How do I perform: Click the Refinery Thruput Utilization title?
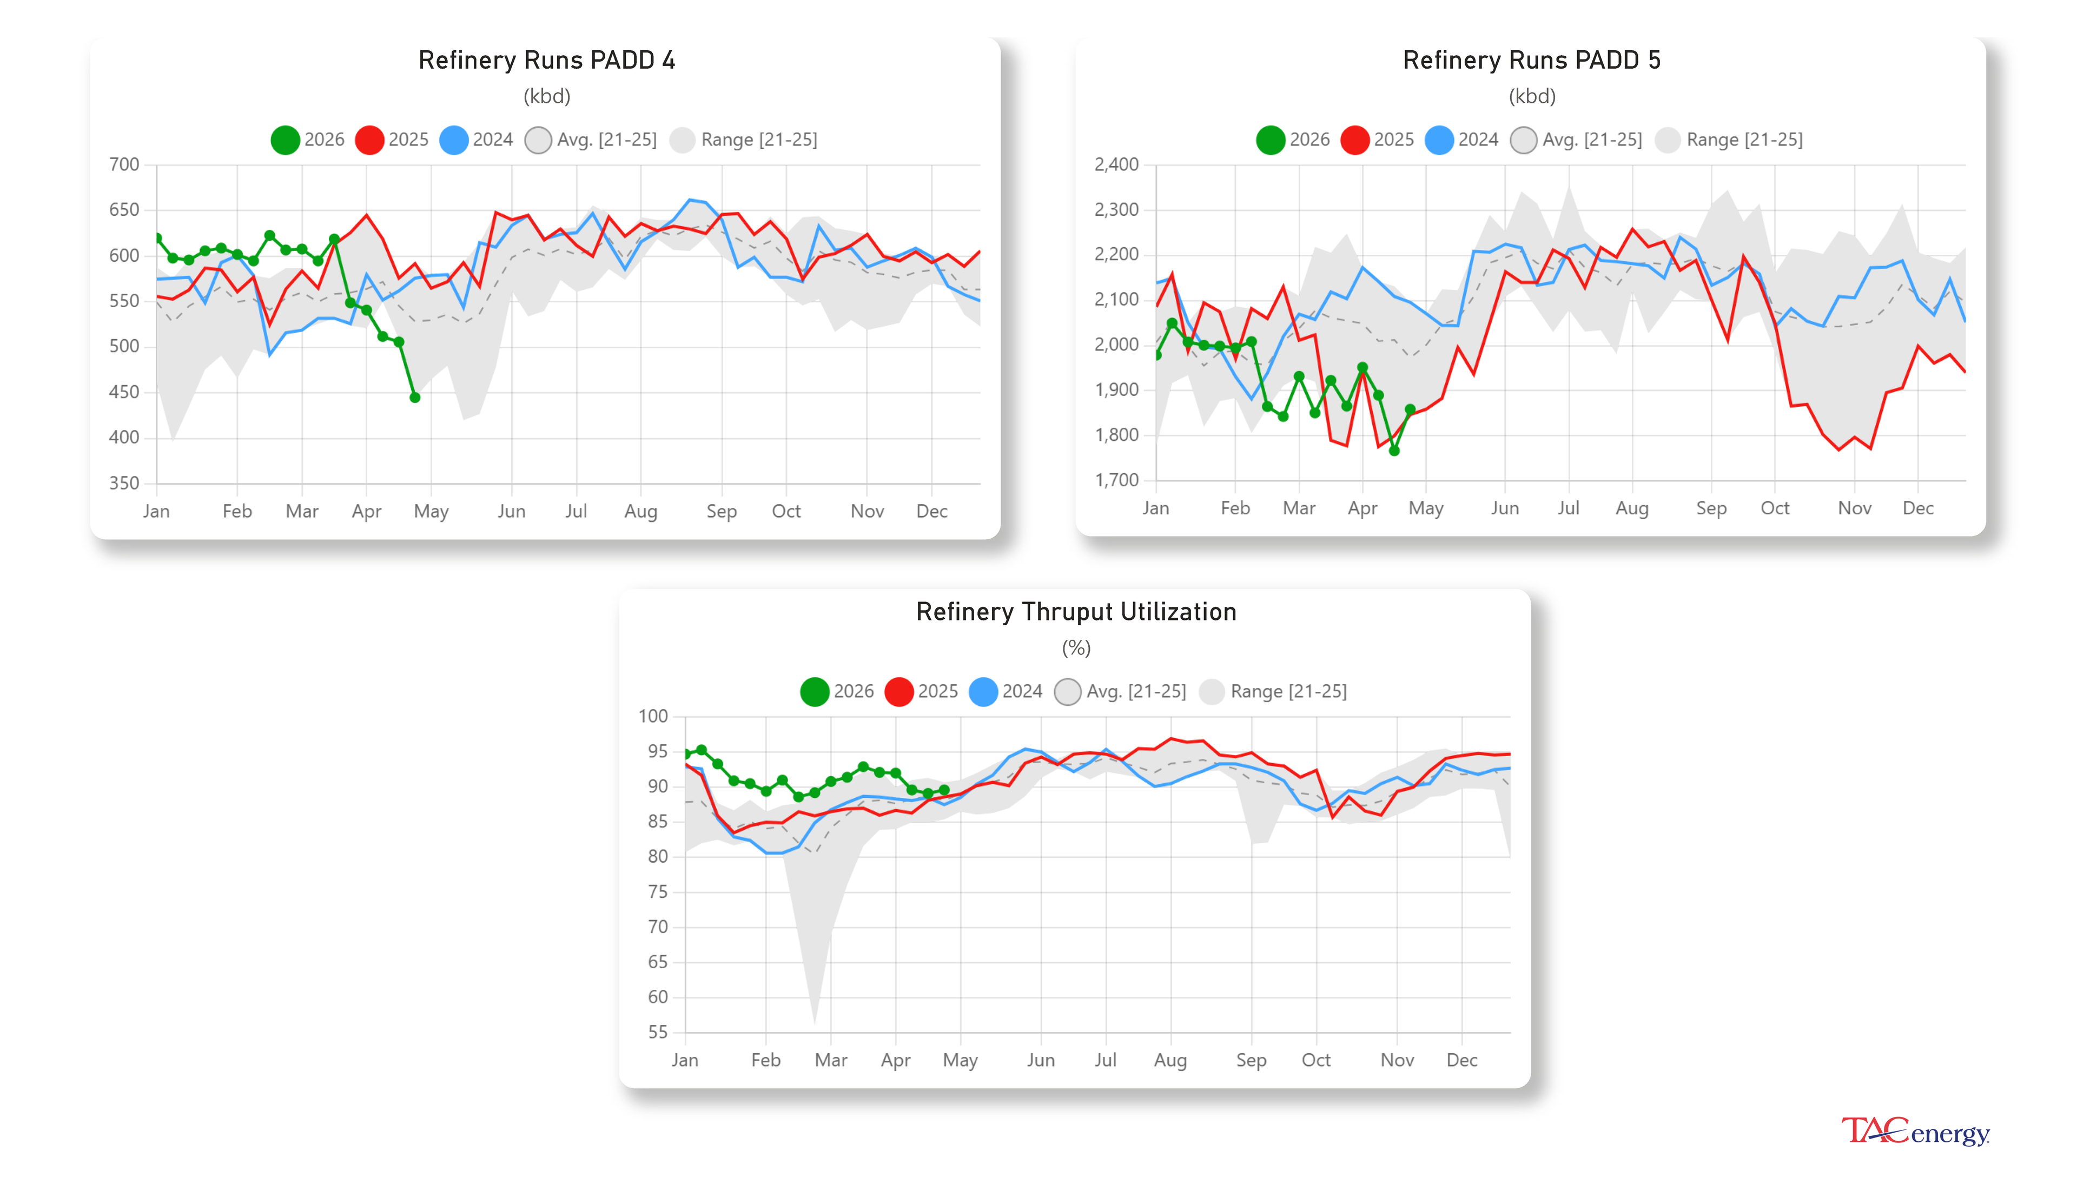[1075, 612]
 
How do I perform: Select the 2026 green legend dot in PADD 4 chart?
[285, 140]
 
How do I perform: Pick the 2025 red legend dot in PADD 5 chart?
[1354, 140]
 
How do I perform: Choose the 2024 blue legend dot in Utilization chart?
[983, 691]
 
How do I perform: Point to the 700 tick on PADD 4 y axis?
[124, 164]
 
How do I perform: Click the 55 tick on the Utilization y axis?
[658, 1031]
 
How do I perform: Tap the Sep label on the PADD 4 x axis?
[721, 511]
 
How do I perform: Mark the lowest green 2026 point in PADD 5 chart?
[1394, 451]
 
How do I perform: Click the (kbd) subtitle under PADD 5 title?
[1531, 96]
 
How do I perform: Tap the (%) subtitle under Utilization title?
[1075, 648]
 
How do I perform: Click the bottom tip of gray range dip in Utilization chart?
[815, 1023]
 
